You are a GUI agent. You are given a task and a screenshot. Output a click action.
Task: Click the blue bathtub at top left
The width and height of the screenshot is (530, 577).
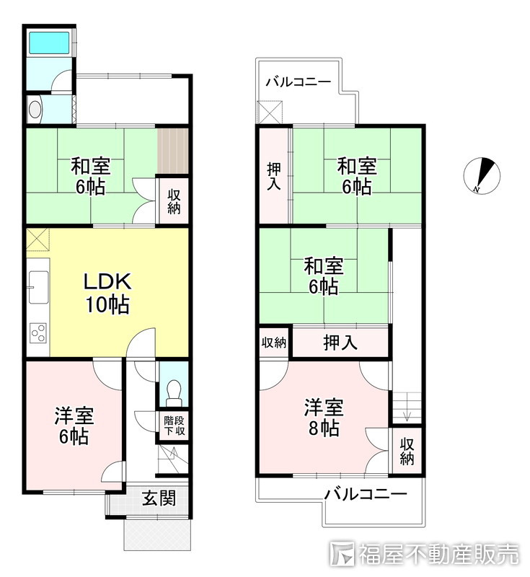tap(49, 44)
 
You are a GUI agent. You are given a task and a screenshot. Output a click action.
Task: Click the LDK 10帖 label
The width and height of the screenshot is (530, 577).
tap(107, 292)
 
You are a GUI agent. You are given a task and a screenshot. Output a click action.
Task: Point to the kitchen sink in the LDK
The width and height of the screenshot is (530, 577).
tap(37, 286)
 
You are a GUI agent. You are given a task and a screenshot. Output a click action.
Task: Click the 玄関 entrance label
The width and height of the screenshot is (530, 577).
tap(158, 498)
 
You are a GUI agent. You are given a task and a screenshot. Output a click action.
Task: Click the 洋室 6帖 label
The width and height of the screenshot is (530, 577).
tap(74, 426)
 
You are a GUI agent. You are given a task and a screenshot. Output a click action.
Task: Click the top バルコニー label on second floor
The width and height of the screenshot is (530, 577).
tap(298, 82)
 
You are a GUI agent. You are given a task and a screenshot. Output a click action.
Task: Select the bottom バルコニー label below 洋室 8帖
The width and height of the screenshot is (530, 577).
tap(365, 495)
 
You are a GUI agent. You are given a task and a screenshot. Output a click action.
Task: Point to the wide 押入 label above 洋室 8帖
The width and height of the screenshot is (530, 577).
tap(340, 343)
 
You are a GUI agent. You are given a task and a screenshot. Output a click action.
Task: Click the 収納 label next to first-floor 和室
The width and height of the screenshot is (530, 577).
tap(174, 201)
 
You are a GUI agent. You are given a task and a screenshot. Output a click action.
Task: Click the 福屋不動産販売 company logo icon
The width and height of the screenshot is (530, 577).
tap(342, 553)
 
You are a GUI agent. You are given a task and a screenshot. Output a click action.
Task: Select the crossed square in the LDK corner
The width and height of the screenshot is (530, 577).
tap(37, 239)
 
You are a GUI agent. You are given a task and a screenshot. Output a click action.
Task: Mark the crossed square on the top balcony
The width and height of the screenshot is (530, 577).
tap(270, 112)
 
